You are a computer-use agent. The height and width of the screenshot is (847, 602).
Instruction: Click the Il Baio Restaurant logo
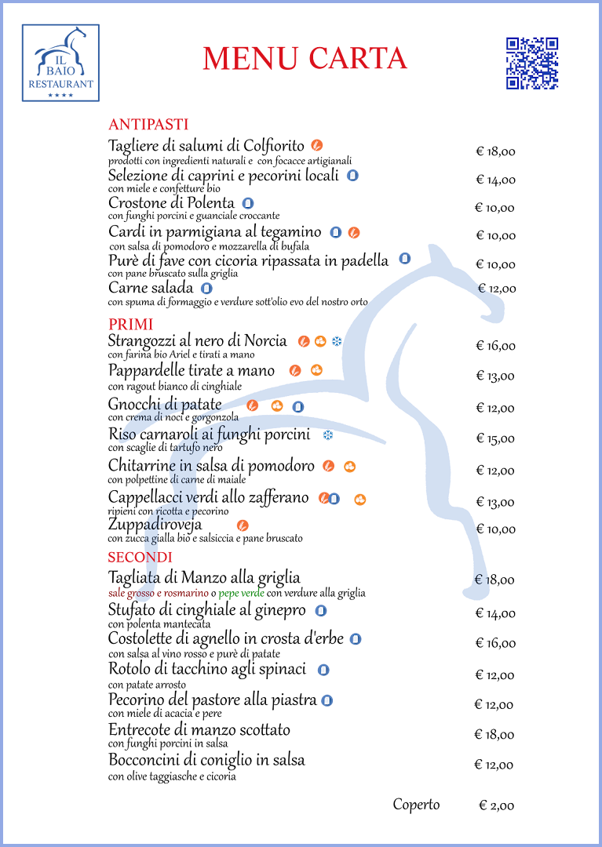(60, 63)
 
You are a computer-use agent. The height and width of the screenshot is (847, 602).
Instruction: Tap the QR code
(531, 64)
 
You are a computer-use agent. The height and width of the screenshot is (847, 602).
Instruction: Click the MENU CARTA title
(305, 58)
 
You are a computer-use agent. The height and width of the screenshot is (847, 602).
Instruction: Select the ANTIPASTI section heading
(148, 124)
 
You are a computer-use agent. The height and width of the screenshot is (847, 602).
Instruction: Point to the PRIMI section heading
(131, 324)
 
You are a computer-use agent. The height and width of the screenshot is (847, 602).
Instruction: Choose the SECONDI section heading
(140, 557)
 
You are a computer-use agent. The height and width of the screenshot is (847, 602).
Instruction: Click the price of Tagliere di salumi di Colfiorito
(495, 152)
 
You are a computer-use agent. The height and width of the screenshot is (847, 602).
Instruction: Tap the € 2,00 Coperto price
(497, 806)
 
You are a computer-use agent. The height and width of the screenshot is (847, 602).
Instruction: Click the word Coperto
(416, 805)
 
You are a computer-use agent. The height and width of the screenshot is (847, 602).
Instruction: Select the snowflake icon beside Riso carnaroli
(327, 434)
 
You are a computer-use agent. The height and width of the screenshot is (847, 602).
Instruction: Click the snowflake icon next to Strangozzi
(337, 341)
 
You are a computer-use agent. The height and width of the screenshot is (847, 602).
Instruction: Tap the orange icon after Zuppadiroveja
(243, 525)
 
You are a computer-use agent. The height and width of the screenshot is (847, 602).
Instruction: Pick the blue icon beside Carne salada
(206, 289)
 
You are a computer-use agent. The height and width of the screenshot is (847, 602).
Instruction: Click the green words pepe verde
(242, 593)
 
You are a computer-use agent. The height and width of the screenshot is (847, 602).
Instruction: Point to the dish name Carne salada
(151, 288)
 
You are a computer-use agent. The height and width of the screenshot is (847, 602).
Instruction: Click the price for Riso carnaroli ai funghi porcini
(495, 438)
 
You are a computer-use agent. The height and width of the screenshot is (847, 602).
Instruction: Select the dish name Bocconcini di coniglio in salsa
(206, 761)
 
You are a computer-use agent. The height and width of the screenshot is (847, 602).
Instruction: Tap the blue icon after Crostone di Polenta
(247, 204)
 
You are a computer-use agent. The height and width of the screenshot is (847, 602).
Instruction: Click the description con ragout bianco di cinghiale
(174, 386)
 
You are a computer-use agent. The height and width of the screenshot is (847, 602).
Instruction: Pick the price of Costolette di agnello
(495, 643)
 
